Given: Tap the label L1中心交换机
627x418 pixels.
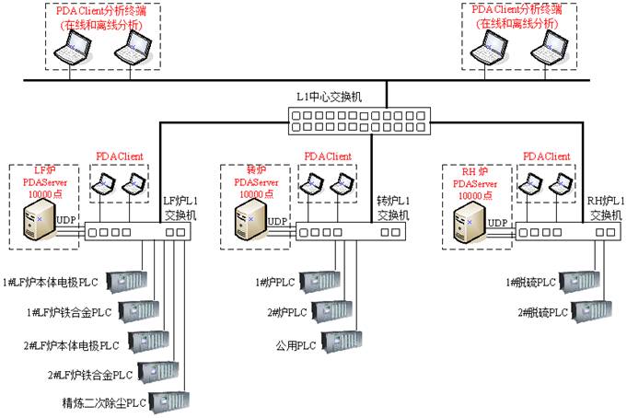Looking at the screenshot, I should pyautogui.click(x=330, y=97).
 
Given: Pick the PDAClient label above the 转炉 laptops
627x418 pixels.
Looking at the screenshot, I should pyautogui.click(x=328, y=157).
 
